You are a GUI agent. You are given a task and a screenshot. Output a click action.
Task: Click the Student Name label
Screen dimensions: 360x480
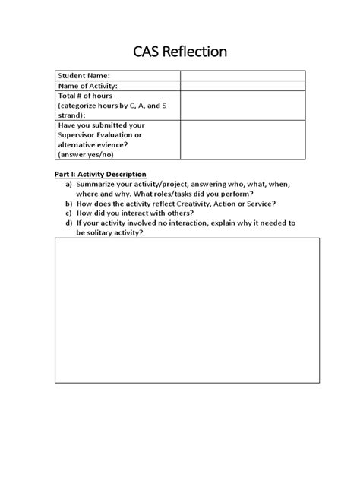click(x=84, y=75)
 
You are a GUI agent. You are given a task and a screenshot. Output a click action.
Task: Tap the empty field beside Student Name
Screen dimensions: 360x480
click(x=242, y=75)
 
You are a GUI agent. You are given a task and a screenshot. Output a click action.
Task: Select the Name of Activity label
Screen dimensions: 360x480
click(x=88, y=86)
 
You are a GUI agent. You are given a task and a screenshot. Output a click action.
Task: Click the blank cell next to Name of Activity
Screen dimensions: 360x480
click(x=242, y=86)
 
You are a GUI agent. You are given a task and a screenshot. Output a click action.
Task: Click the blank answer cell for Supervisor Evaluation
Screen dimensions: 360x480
click(x=242, y=139)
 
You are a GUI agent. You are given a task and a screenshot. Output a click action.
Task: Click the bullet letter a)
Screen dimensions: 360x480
click(x=69, y=185)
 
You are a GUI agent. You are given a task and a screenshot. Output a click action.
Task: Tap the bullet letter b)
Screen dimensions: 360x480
click(x=69, y=204)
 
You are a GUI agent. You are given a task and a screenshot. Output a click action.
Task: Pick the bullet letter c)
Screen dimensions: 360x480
click(x=69, y=213)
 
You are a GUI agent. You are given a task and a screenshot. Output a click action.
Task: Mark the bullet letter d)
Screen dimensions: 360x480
click(x=69, y=223)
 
